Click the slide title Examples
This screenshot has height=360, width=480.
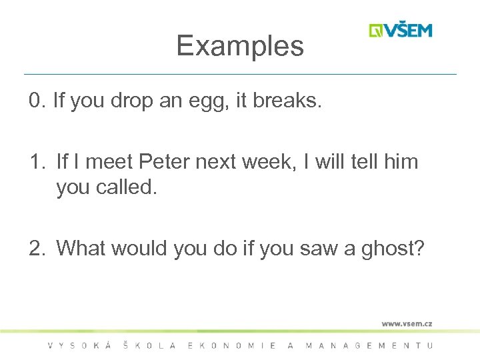[240, 46]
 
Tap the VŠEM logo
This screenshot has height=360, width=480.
[401, 31]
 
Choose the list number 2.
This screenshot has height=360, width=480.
[37, 248]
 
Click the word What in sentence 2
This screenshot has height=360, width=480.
[81, 248]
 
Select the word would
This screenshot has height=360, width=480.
[139, 248]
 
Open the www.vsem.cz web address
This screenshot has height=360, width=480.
[407, 323]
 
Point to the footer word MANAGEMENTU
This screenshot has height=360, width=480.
[369, 345]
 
